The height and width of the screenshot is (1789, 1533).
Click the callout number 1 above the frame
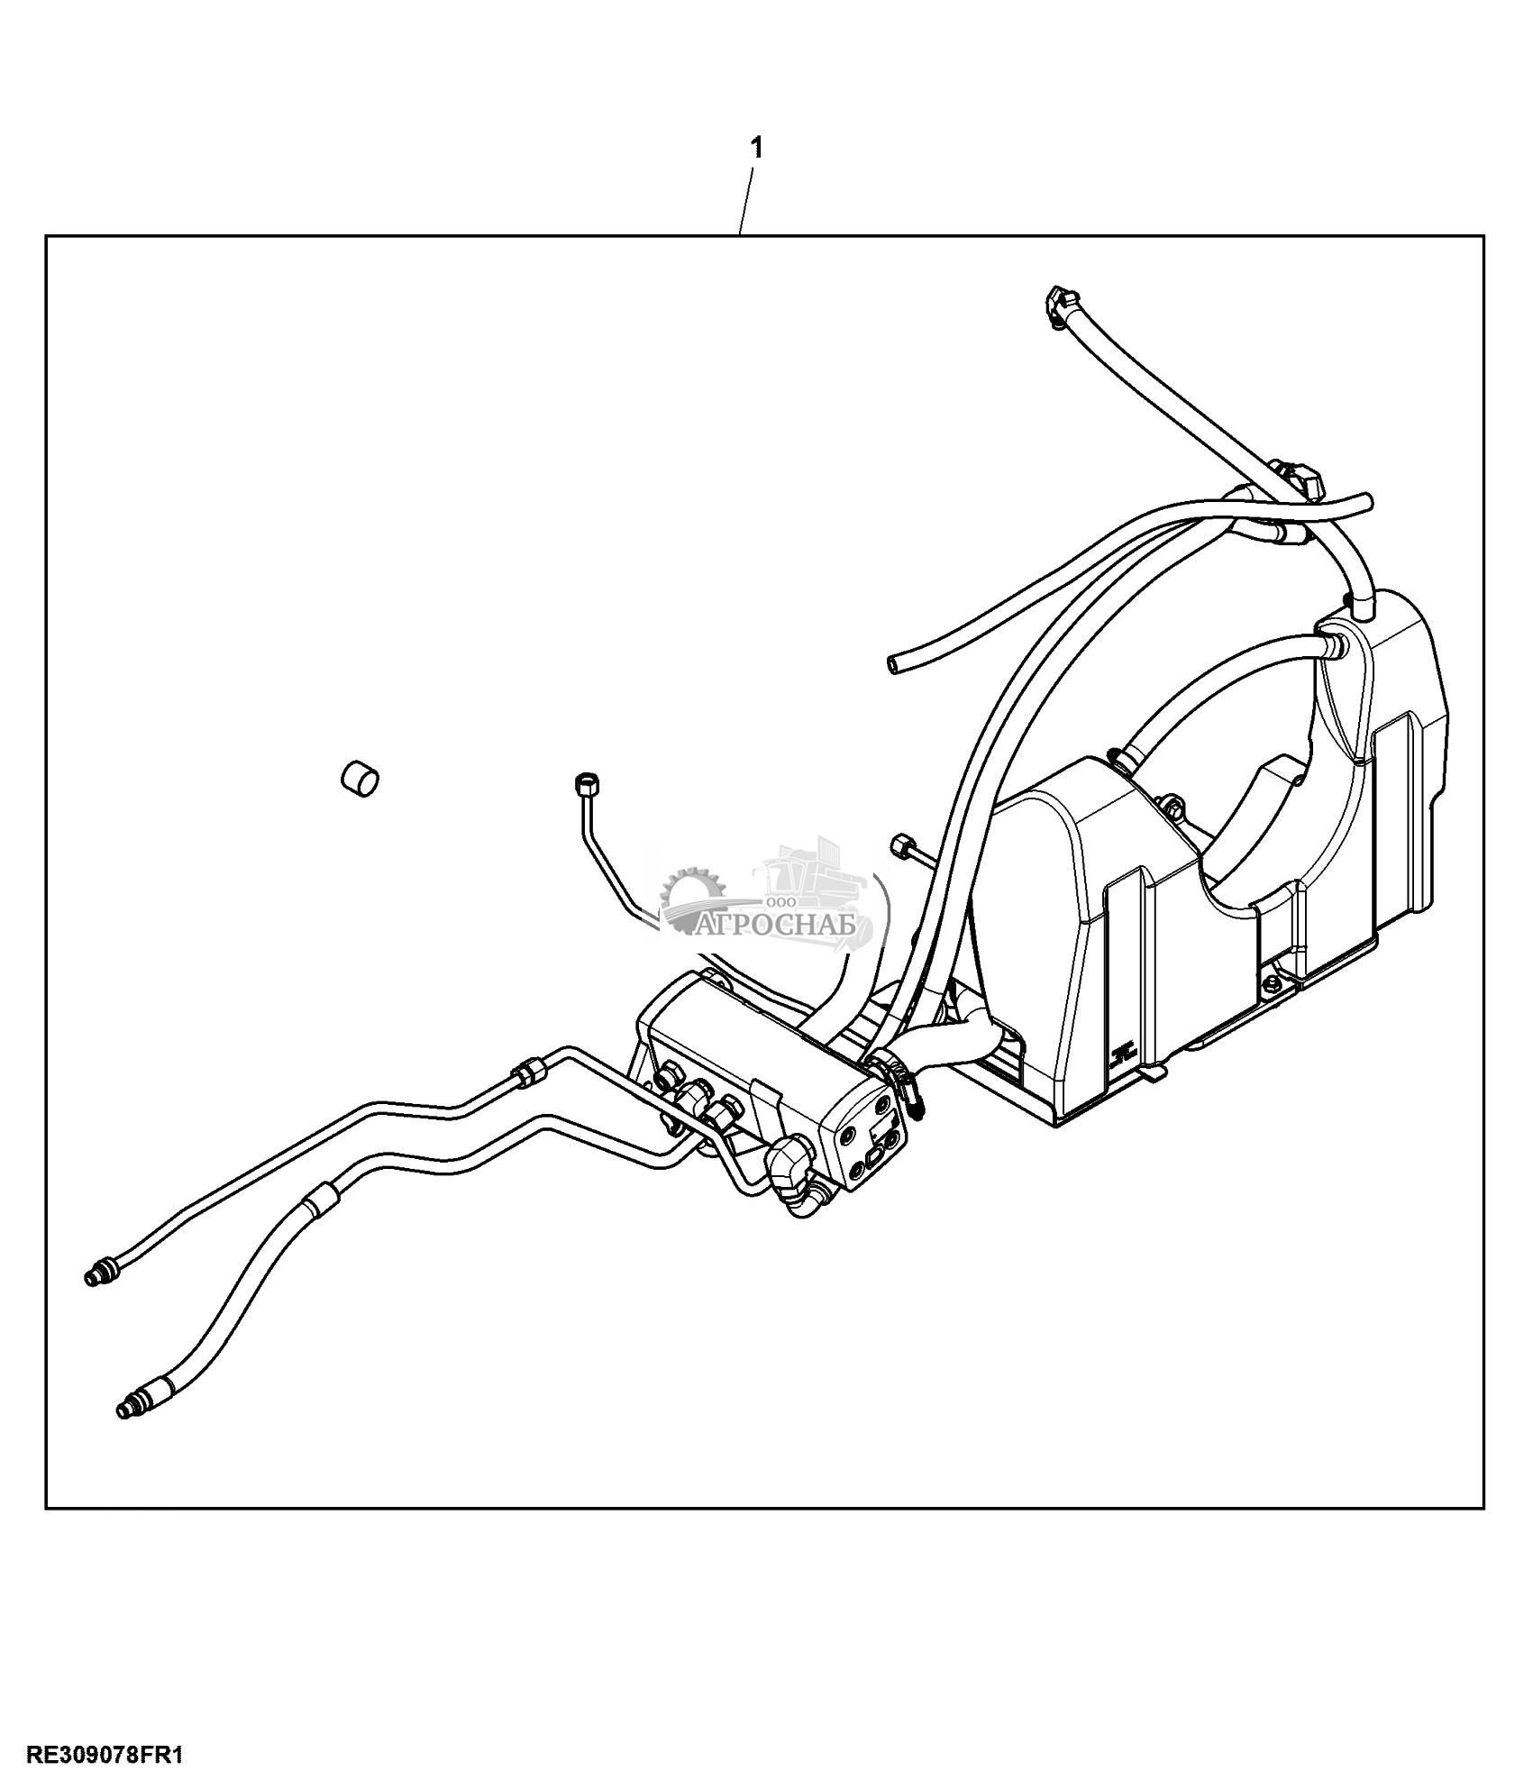click(757, 149)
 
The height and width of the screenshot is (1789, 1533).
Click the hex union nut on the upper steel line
click(525, 1072)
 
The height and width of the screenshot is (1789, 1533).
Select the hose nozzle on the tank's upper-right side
click(1332, 642)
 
